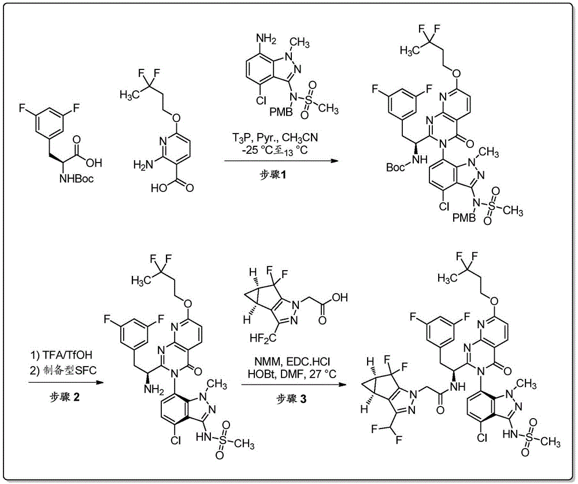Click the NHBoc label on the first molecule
[x=76, y=179]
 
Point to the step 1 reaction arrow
[x=281, y=161]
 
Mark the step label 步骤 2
[x=65, y=397]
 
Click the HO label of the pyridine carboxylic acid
[x=160, y=189]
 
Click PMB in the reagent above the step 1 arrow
[x=282, y=111]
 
